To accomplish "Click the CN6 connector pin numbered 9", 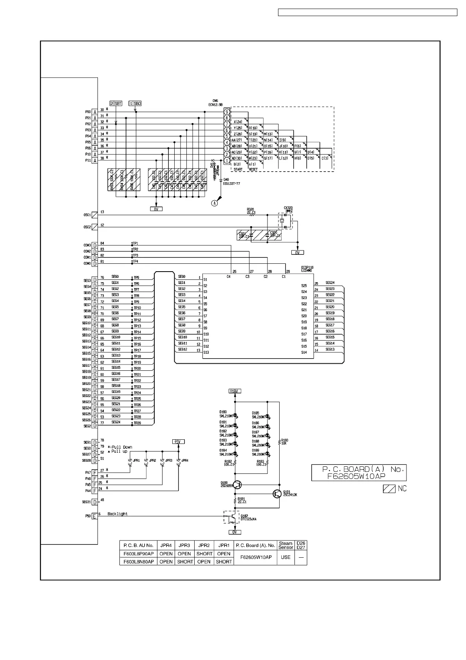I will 227,112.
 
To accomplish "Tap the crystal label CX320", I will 288,208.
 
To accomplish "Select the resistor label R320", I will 251,209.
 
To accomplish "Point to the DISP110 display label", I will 307,267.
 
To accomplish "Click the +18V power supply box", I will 234,391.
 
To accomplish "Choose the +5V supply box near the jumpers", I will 178,442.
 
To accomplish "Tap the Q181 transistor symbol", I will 277,494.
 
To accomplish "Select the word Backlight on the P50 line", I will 117,514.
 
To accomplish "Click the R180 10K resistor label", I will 285,442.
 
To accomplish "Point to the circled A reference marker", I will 215,203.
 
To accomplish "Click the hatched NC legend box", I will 389,489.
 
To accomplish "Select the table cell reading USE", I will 286,557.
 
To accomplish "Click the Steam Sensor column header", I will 286,545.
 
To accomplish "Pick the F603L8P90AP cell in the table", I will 139,554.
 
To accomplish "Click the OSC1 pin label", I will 87,215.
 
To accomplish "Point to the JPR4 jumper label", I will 184,461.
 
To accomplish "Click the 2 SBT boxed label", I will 116,103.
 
